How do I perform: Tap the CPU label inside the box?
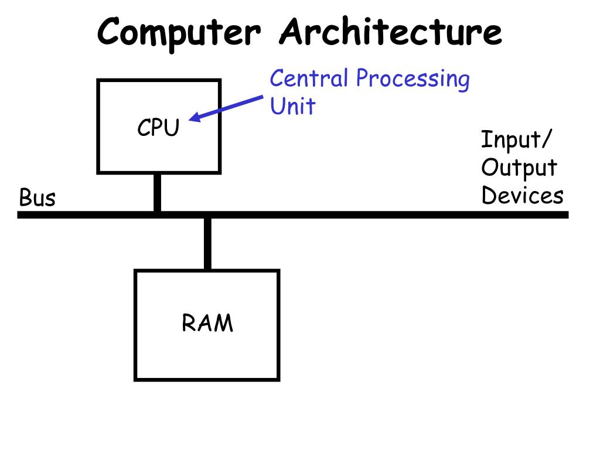coord(158,128)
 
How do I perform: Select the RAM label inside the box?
coord(207,323)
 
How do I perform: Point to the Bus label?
coord(37,198)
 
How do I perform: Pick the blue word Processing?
coord(412,80)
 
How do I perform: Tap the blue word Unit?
coord(292,107)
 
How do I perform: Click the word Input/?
coord(516,141)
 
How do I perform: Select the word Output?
coord(519,168)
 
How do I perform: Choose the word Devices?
coord(522,195)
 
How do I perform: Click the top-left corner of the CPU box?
coord(98,81)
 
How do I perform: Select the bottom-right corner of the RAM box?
coord(278,379)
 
